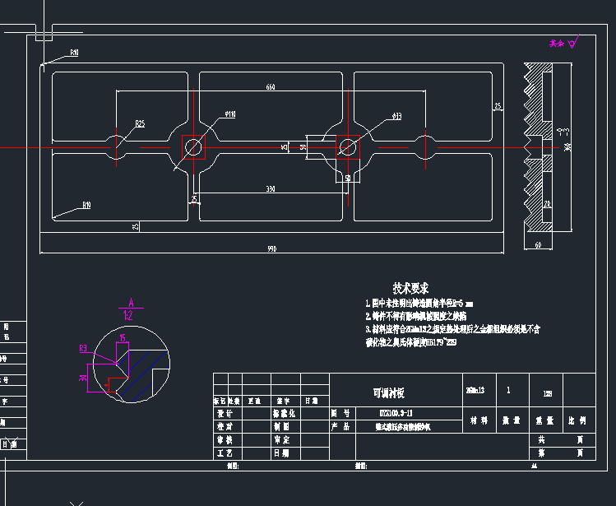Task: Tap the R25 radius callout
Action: click(x=140, y=123)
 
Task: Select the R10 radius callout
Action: click(x=86, y=204)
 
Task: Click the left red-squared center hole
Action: click(x=193, y=147)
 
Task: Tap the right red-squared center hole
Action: click(x=347, y=147)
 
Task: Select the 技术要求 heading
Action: click(x=410, y=288)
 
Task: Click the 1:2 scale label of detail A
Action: click(x=128, y=313)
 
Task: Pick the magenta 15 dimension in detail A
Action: click(x=123, y=337)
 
